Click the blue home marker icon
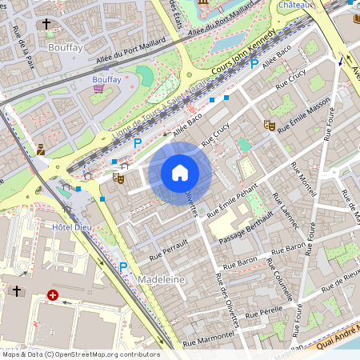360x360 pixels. (180, 172)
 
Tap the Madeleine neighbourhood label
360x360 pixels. (162, 279)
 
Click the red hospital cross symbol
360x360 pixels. (54, 295)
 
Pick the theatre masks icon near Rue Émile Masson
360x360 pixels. (270, 126)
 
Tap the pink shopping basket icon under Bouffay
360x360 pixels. (99, 90)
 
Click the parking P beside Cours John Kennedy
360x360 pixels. (254, 63)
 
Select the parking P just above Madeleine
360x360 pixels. (123, 267)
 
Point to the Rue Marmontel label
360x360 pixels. (207, 339)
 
